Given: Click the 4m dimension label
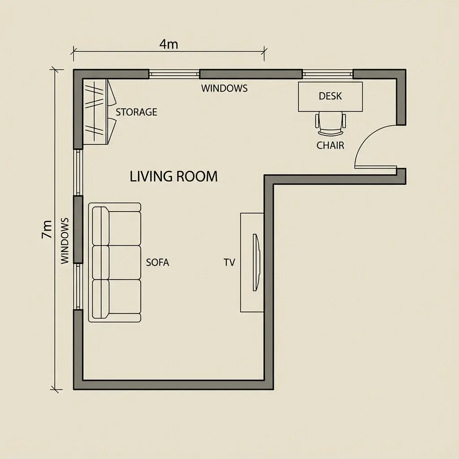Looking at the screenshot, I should pyautogui.click(x=169, y=44).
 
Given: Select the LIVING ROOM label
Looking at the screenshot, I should pyautogui.click(x=173, y=176).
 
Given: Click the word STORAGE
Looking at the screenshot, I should pyautogui.click(x=136, y=112).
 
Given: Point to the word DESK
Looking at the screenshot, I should pyautogui.click(x=330, y=96).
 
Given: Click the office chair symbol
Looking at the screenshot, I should pyautogui.click(x=330, y=124).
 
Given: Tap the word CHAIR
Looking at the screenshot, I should pyautogui.click(x=330, y=145).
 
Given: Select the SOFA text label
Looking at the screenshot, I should pyautogui.click(x=158, y=263).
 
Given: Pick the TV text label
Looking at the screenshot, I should pyautogui.click(x=229, y=263).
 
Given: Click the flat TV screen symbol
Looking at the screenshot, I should pyautogui.click(x=256, y=263).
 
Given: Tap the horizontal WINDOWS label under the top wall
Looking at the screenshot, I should pyautogui.click(x=224, y=88).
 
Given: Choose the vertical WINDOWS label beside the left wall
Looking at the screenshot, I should pyautogui.click(x=65, y=241).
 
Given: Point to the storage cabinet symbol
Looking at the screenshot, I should pyautogui.click(x=96, y=112).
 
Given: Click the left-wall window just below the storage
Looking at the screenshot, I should pyautogui.click(x=78, y=172).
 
